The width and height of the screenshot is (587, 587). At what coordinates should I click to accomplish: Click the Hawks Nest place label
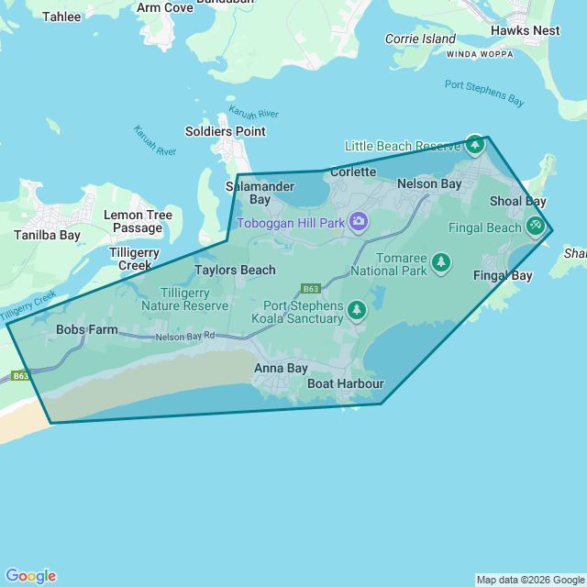pyautogui.click(x=525, y=30)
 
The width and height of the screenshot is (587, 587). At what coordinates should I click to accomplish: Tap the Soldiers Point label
pyautogui.click(x=225, y=131)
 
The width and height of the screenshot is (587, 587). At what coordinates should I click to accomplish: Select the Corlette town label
pyautogui.click(x=353, y=172)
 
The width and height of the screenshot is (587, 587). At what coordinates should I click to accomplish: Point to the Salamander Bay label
pyautogui.click(x=248, y=193)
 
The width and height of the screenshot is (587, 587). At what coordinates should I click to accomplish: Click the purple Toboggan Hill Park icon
pyautogui.click(x=359, y=222)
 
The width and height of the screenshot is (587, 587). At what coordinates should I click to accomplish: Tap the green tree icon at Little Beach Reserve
pyautogui.click(x=474, y=144)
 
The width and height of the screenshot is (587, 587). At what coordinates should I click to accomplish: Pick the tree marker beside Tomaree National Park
pyautogui.click(x=441, y=263)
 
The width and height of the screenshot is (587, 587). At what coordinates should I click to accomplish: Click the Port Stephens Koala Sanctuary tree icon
pyautogui.click(x=357, y=311)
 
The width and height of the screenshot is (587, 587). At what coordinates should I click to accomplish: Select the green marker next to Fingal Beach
pyautogui.click(x=536, y=226)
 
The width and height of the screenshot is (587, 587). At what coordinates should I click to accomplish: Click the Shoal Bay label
pyautogui.click(x=517, y=201)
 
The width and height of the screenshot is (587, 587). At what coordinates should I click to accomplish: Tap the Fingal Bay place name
pyautogui.click(x=503, y=275)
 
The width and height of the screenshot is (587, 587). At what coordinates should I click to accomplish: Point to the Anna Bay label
pyautogui.click(x=281, y=368)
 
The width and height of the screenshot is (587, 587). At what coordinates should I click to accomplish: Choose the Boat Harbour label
pyautogui.click(x=345, y=383)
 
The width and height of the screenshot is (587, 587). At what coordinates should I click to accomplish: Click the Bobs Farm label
pyautogui.click(x=87, y=329)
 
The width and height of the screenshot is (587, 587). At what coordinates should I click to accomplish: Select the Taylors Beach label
pyautogui.click(x=235, y=270)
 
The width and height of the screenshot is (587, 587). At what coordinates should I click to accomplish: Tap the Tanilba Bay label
pyautogui.click(x=47, y=235)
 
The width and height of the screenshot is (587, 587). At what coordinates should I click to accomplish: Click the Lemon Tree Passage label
pyautogui.click(x=138, y=221)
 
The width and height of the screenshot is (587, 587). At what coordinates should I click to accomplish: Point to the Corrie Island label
pyautogui.click(x=420, y=39)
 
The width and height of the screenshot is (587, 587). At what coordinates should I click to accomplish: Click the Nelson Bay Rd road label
pyautogui.click(x=185, y=337)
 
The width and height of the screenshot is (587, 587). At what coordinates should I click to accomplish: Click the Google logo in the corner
pyautogui.click(x=30, y=575)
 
